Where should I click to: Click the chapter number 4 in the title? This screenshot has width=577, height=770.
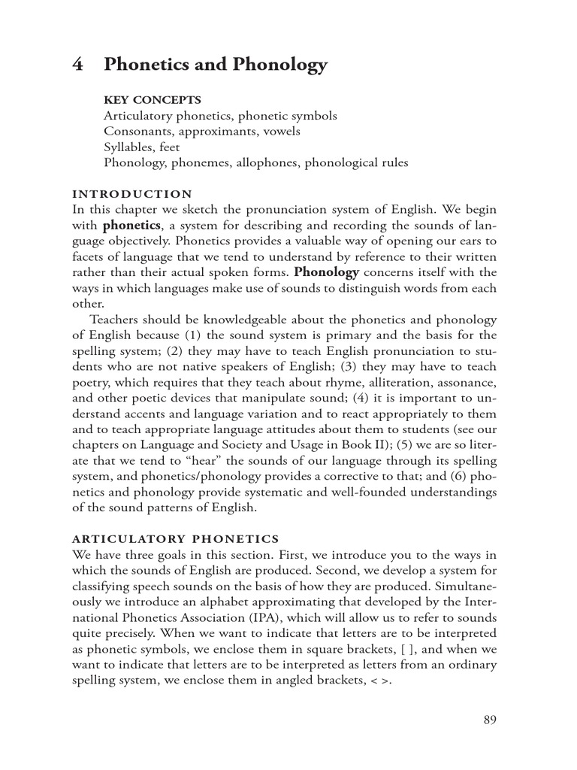(x=77, y=65)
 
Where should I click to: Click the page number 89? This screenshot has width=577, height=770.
(x=490, y=720)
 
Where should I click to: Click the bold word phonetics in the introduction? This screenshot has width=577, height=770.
(x=131, y=224)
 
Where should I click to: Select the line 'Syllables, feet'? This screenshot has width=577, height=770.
(x=142, y=147)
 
